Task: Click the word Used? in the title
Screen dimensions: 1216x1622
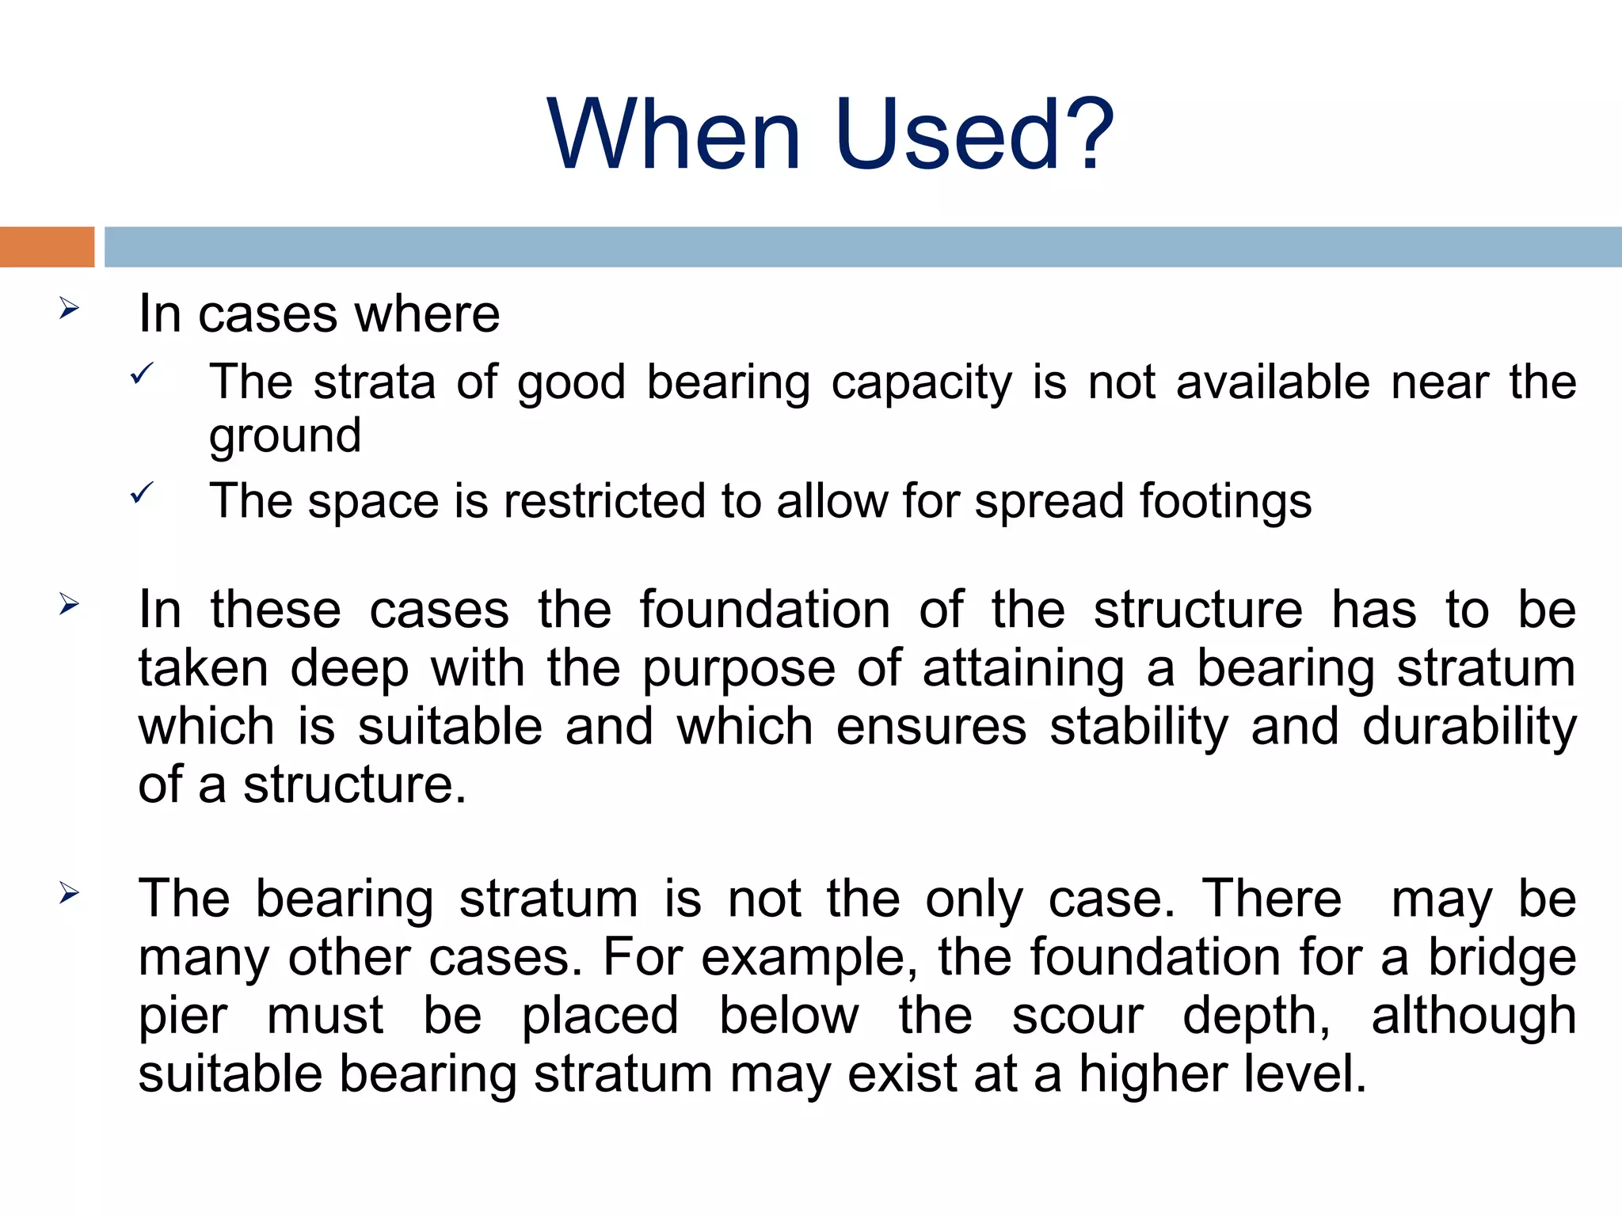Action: point(974,135)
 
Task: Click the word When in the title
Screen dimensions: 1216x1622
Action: point(674,135)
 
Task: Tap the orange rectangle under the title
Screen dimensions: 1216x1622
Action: point(47,247)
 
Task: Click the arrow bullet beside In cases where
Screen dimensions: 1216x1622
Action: point(70,308)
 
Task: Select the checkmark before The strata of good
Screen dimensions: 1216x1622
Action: point(142,373)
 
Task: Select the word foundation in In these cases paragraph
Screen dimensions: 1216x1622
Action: point(765,610)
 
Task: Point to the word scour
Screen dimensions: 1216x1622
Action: point(1078,1016)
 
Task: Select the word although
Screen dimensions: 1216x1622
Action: point(1474,1016)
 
